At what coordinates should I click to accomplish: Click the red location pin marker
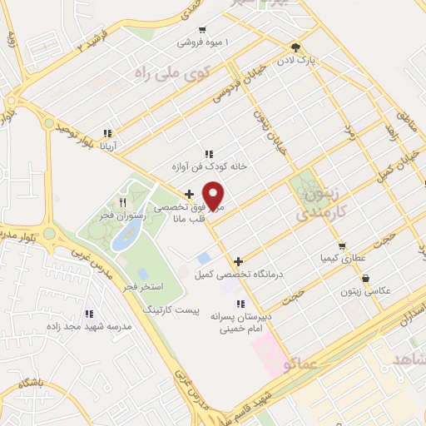[215, 196]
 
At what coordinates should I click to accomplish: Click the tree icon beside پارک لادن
[295, 47]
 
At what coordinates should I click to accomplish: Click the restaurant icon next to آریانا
[106, 133]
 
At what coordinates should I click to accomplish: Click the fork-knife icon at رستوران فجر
[123, 201]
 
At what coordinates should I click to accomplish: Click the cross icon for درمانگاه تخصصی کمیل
[239, 260]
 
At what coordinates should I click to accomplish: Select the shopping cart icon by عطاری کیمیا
[342, 246]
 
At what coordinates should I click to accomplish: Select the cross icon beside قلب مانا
[190, 194]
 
